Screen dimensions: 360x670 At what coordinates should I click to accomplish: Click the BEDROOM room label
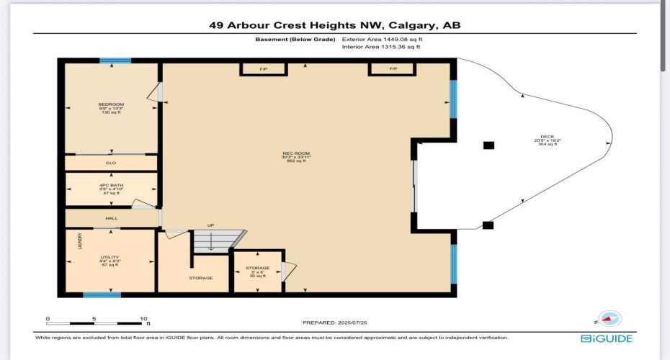click(111, 104)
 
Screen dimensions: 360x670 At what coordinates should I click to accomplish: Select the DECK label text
click(548, 137)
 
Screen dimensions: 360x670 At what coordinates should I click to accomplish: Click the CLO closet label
click(111, 163)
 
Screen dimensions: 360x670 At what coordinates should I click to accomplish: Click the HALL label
click(111, 218)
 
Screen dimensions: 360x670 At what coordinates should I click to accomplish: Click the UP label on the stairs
click(210, 225)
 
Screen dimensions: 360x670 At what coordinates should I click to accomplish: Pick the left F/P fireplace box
click(263, 68)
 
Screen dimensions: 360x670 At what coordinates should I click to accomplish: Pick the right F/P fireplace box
click(393, 68)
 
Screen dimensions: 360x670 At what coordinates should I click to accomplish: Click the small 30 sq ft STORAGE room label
click(257, 268)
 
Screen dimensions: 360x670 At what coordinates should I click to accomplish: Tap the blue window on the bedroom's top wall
click(115, 61)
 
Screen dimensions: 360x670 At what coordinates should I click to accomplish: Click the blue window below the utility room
click(102, 294)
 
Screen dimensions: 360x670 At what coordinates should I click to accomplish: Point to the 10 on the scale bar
click(145, 318)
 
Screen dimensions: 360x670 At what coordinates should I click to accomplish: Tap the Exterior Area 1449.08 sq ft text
click(383, 40)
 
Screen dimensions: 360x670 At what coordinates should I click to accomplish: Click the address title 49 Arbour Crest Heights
click(334, 25)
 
